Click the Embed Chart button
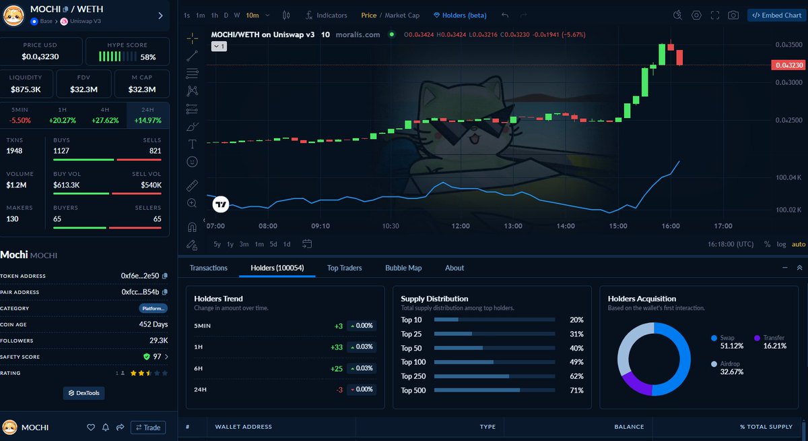[776, 15]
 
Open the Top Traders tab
[344, 268]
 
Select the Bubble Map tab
[403, 268]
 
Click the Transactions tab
[209, 268]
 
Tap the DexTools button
[84, 393]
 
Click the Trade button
[147, 428]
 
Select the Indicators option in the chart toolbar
[326, 15]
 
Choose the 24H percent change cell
[147, 115]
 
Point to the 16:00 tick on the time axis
[671, 226]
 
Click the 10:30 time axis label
[391, 226]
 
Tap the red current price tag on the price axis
[789, 65]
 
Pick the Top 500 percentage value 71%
[576, 390]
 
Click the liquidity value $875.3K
[26, 89]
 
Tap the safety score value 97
[156, 357]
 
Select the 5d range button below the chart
[273, 244]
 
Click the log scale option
[781, 244]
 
